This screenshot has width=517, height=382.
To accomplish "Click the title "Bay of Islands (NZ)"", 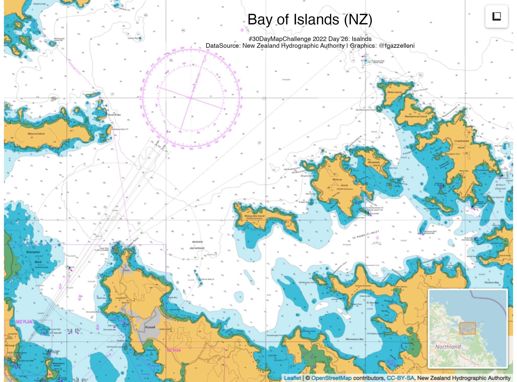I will click(x=310, y=19).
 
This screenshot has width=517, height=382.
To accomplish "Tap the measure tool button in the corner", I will click(x=496, y=17).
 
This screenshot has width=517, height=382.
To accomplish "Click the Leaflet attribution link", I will click(x=292, y=378).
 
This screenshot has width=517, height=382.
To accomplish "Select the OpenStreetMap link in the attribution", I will click(x=331, y=378).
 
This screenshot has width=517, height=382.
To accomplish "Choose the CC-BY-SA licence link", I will click(x=400, y=378).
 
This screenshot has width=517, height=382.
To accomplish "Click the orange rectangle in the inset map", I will click(x=468, y=328).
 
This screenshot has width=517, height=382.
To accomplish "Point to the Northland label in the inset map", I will click(x=448, y=347).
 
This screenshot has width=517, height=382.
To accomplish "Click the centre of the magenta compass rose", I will click(x=191, y=98).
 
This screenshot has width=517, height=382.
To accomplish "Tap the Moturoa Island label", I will click(x=36, y=134).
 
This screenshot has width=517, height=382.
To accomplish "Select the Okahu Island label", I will click(x=394, y=92).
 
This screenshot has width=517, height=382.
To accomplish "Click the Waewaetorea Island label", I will click(x=416, y=116).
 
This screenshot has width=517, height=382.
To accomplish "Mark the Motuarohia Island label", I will click(x=254, y=216).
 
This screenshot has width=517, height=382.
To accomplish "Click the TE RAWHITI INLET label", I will click(x=366, y=235).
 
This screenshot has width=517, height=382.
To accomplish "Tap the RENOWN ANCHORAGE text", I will click(x=197, y=245).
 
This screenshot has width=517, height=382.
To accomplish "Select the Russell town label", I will click(x=150, y=327).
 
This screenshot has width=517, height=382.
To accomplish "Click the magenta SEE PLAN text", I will click(x=24, y=322).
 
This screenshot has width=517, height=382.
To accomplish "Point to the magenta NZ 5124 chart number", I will click(x=174, y=350).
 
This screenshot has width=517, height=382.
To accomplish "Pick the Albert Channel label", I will click(x=500, y=186).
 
